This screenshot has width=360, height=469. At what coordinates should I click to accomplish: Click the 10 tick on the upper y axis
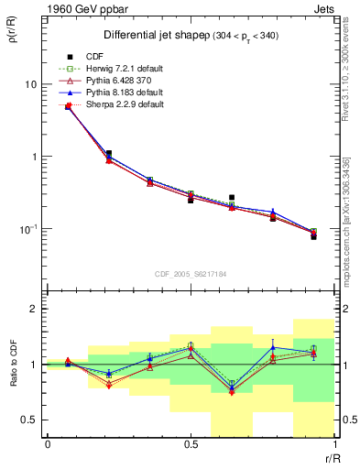[x=30, y=84]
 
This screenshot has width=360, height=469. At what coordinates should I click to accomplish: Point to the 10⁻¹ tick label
[x=28, y=228]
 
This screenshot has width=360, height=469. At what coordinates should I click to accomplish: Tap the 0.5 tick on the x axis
[x=191, y=444]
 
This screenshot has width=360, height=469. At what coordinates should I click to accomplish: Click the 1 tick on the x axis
[x=333, y=444]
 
